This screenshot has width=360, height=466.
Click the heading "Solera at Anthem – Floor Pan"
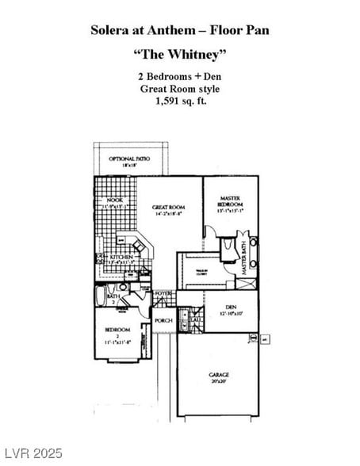coord(179,29)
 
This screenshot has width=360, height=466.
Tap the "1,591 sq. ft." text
coord(179,101)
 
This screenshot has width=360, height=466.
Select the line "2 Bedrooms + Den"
coord(179,77)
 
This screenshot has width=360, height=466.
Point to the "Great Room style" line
coord(179,89)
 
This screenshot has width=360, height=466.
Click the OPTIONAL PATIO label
coord(129,159)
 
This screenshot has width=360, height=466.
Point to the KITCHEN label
coord(121,258)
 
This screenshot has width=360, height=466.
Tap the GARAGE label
coord(219,375)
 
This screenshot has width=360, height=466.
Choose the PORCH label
coord(163,321)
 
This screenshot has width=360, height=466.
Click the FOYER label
coord(163,294)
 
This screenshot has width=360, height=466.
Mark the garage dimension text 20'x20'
coord(219,381)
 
